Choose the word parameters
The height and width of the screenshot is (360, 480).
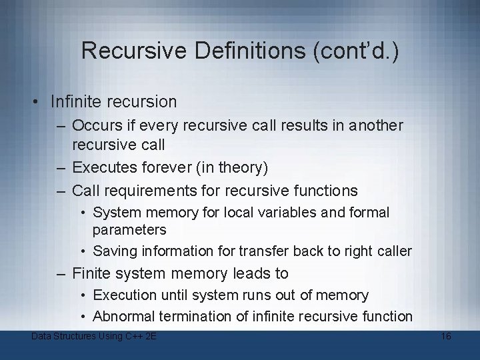(x=129, y=229)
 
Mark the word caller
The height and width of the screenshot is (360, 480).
(x=393, y=251)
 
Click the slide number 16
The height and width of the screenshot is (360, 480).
(x=446, y=336)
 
